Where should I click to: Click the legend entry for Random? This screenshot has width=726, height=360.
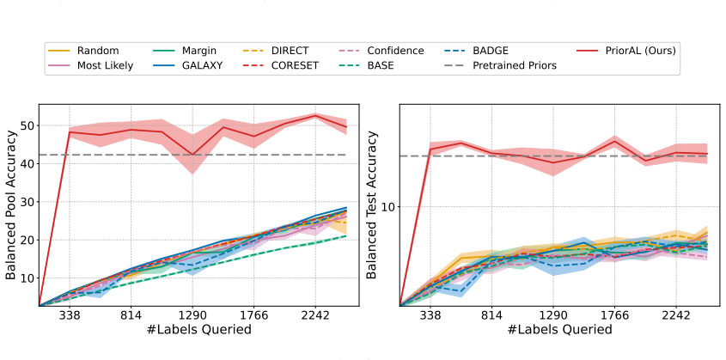83,51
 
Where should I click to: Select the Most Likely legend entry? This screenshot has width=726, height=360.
90,65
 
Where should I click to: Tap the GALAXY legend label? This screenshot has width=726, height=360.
187,65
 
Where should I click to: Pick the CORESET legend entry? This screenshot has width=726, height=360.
281,65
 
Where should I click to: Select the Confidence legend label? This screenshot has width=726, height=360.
380,51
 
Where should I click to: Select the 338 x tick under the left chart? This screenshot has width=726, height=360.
70,316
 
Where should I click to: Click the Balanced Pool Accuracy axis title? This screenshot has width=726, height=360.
10,205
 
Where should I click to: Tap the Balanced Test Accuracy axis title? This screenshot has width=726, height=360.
372,205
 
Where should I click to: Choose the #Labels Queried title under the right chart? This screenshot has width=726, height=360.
560,329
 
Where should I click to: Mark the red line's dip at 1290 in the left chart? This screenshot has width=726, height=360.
192,155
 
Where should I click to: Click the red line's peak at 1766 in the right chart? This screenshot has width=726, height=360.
614,141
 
